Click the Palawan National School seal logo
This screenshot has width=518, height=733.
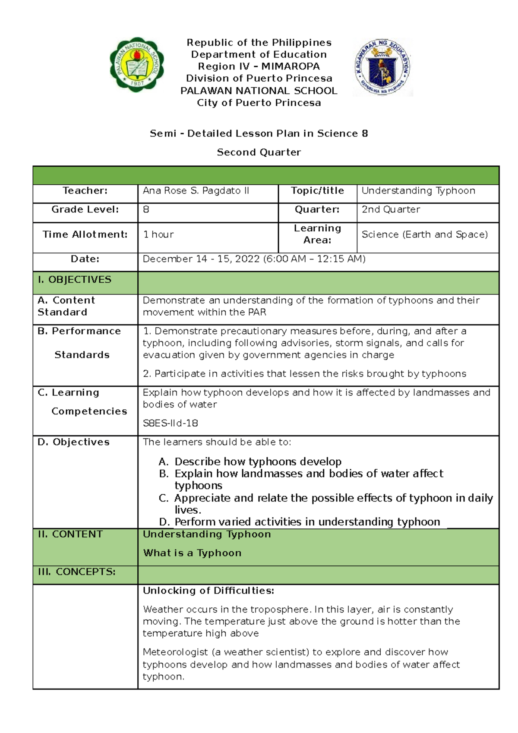coord(137,64)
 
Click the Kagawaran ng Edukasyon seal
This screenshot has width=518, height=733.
coord(382,67)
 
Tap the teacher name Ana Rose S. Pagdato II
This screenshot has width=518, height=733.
coord(196,191)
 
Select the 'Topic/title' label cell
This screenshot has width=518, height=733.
coord(317,191)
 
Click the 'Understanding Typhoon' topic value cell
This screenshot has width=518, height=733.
coord(418,191)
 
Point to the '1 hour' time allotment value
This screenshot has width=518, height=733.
coord(158,234)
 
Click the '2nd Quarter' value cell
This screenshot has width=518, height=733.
coord(391,209)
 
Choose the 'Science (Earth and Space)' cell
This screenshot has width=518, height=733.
coord(425,234)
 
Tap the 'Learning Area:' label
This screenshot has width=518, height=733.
coord(317,234)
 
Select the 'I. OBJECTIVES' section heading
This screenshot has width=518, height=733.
coord(75,280)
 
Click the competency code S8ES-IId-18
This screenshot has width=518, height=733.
coord(171,423)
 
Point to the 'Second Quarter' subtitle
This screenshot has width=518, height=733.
coord(259,152)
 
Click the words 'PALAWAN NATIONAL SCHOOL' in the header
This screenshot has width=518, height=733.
coord(259,91)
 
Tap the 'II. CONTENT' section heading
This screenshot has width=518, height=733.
coord(70,534)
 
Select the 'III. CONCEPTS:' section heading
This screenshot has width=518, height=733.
coord(77,572)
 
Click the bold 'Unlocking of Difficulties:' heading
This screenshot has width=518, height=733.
coord(208,591)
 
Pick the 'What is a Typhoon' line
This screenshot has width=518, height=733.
coord(192,553)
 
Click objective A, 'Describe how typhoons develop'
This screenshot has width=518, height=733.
coord(258,461)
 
